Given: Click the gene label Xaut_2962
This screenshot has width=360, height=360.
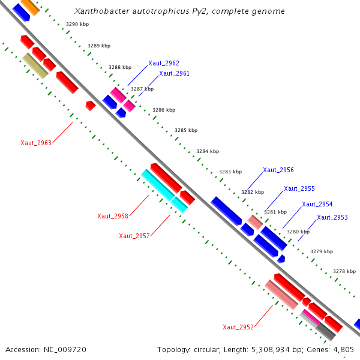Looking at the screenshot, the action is pos(164,63).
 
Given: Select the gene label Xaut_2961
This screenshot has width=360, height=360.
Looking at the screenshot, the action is pos(174,74).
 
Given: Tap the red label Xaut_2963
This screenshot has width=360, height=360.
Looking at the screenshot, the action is pos(36,143).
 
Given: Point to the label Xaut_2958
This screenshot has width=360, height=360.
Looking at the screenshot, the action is pos(113,216).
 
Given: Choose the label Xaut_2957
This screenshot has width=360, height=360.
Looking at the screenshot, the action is pos(134,236).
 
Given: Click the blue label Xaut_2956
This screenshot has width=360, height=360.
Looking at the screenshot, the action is pos(278,170).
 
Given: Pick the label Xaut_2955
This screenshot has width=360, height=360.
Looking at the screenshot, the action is pos(299,188).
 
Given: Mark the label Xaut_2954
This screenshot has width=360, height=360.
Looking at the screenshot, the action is pos(317,204).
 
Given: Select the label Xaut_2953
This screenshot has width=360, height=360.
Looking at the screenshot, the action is pos(332,217).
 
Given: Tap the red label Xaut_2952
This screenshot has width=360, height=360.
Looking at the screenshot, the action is pos(238,327).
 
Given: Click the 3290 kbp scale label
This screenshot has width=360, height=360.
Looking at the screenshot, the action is pos(77,24).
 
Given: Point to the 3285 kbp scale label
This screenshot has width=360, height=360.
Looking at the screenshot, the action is pos(185,130).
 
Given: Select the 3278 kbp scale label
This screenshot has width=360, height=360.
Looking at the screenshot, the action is pos(344,271).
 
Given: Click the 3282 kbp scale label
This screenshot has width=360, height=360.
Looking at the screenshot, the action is pos(253,192).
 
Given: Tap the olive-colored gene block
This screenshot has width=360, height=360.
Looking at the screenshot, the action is pos(35,65).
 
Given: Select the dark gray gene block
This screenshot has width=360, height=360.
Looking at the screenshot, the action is pos(326,331).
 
